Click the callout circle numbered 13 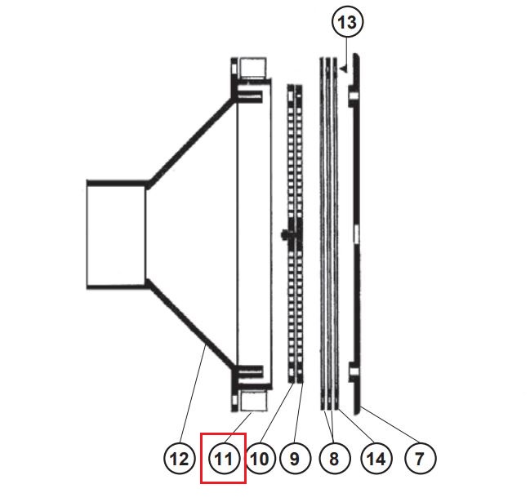[x=347, y=23]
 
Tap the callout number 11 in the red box [x=224, y=459]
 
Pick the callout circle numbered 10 [x=259, y=459]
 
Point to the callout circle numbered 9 [x=295, y=459]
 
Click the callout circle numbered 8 [x=333, y=459]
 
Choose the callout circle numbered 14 [x=376, y=459]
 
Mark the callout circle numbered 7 [x=419, y=459]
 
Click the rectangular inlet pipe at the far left [x=116, y=234]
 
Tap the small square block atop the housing [x=252, y=69]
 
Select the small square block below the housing [x=252, y=400]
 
